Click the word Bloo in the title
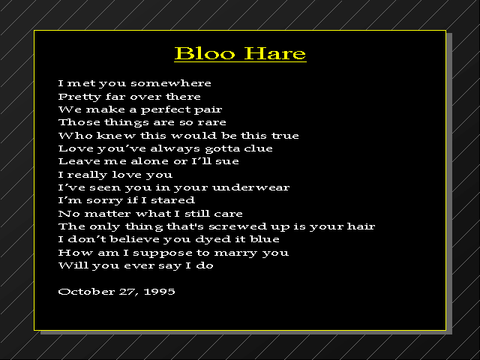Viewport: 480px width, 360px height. pos(205,53)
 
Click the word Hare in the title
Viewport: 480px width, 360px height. pos(275,53)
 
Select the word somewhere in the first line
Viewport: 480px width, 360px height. pos(171,83)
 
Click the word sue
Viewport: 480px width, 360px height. pos(226,162)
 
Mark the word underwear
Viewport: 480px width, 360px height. pos(250,187)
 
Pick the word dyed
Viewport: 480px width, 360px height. pos(213,239)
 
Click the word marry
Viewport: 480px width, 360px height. pos(235,253)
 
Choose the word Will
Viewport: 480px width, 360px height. pos(73,265)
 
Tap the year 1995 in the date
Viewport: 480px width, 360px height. pos(159,292)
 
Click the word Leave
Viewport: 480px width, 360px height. pos(79,161)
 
